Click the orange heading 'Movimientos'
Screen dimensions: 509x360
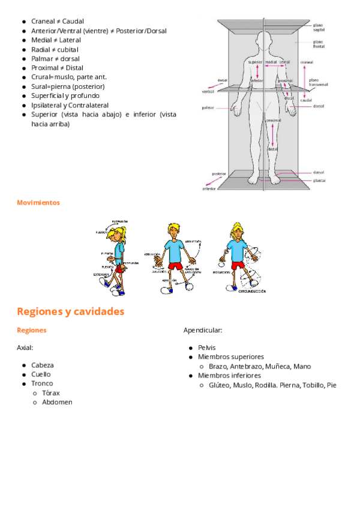tap(38, 203)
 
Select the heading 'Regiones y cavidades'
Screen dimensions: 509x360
tap(71, 312)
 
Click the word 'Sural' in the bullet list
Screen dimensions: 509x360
tap(40, 86)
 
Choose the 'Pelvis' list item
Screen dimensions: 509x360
tap(206, 348)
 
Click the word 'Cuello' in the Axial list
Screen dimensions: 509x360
tap(41, 374)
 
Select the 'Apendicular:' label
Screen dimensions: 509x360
tap(203, 330)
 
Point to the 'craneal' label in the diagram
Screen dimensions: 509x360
tap(307, 62)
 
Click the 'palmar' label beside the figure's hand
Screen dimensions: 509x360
tap(207, 109)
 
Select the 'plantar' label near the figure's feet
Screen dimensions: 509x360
tap(319, 180)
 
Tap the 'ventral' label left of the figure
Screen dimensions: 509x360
tap(208, 92)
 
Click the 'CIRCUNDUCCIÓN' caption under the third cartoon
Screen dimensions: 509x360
tap(253, 292)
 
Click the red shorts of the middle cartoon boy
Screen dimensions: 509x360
tap(175, 266)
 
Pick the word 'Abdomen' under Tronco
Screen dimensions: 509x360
tap(57, 402)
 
